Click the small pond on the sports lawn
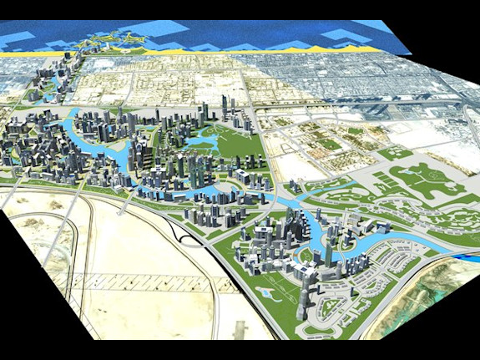point(265,292)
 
